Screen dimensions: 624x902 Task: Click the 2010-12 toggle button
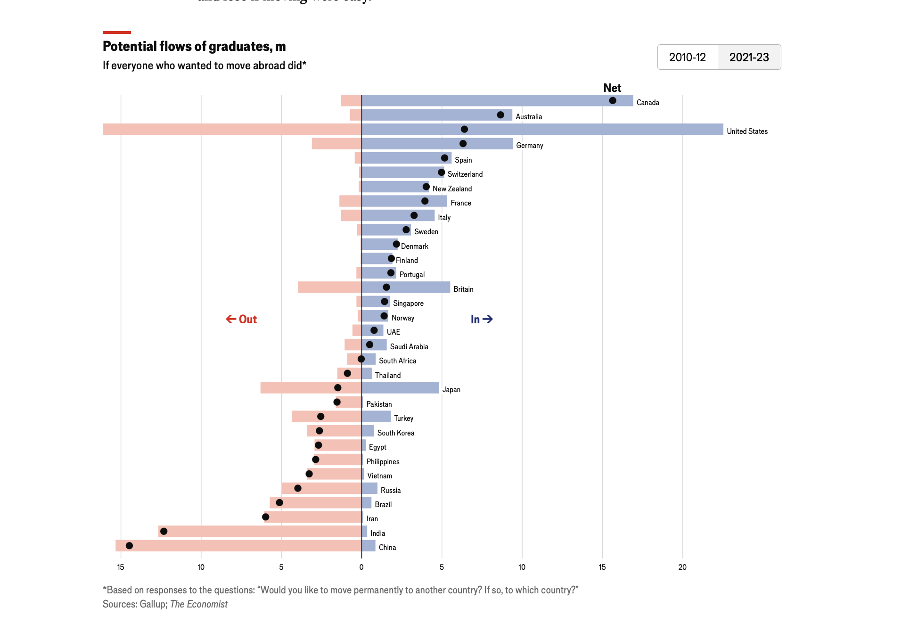click(687, 57)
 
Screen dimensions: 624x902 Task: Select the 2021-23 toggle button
click(749, 57)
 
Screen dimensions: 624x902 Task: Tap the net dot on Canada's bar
click(612, 100)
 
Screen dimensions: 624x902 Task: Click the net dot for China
click(129, 545)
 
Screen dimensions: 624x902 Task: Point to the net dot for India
click(164, 531)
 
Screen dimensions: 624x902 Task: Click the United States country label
click(747, 131)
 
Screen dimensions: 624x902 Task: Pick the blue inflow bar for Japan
click(400, 388)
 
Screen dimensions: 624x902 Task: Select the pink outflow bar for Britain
click(329, 287)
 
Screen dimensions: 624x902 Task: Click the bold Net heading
click(612, 88)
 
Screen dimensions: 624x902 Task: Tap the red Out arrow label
click(241, 320)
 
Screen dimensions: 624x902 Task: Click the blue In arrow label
click(482, 320)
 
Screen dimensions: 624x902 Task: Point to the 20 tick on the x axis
click(682, 567)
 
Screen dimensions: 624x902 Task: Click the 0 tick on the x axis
click(361, 567)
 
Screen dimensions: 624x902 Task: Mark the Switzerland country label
click(465, 174)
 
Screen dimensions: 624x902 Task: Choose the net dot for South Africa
click(361, 359)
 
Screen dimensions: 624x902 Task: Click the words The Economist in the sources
click(198, 604)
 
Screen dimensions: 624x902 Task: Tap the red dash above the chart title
click(117, 33)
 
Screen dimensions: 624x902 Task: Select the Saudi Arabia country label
click(409, 347)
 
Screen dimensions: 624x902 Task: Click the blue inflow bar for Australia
click(436, 115)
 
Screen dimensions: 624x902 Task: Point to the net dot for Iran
click(266, 517)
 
